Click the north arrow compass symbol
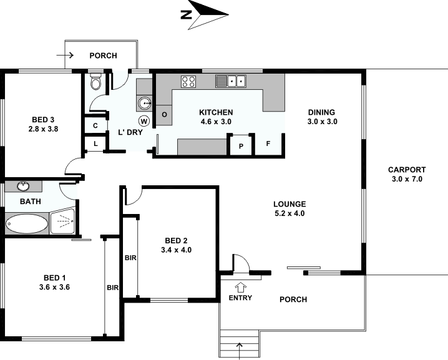205,14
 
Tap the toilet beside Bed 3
95,82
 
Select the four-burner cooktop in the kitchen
188,81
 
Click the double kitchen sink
231,81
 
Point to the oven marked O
164,115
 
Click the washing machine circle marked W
144,121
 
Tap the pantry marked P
241,146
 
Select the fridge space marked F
268,144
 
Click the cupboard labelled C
95,125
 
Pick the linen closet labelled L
95,144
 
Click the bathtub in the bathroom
27,224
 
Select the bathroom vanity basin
23,187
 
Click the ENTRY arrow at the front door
241,288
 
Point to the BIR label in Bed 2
130,258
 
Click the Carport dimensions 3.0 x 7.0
407,179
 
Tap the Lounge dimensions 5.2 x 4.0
290,213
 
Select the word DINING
321,112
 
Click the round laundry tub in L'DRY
145,103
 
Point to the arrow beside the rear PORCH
65,55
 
